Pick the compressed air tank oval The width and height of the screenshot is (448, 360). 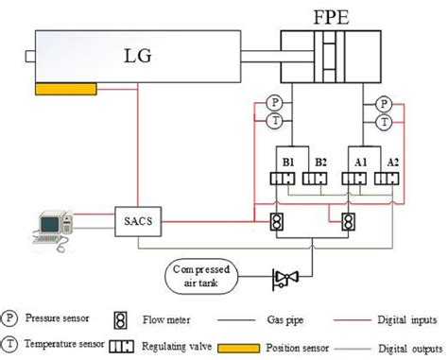(x=201, y=275)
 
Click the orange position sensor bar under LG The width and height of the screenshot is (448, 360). (x=64, y=90)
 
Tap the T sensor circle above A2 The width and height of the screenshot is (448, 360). (x=384, y=122)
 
